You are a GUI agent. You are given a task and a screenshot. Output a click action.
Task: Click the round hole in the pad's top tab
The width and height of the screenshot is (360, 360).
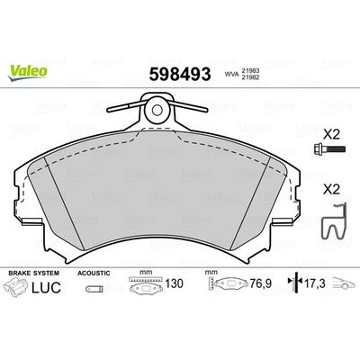coord(157,112)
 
